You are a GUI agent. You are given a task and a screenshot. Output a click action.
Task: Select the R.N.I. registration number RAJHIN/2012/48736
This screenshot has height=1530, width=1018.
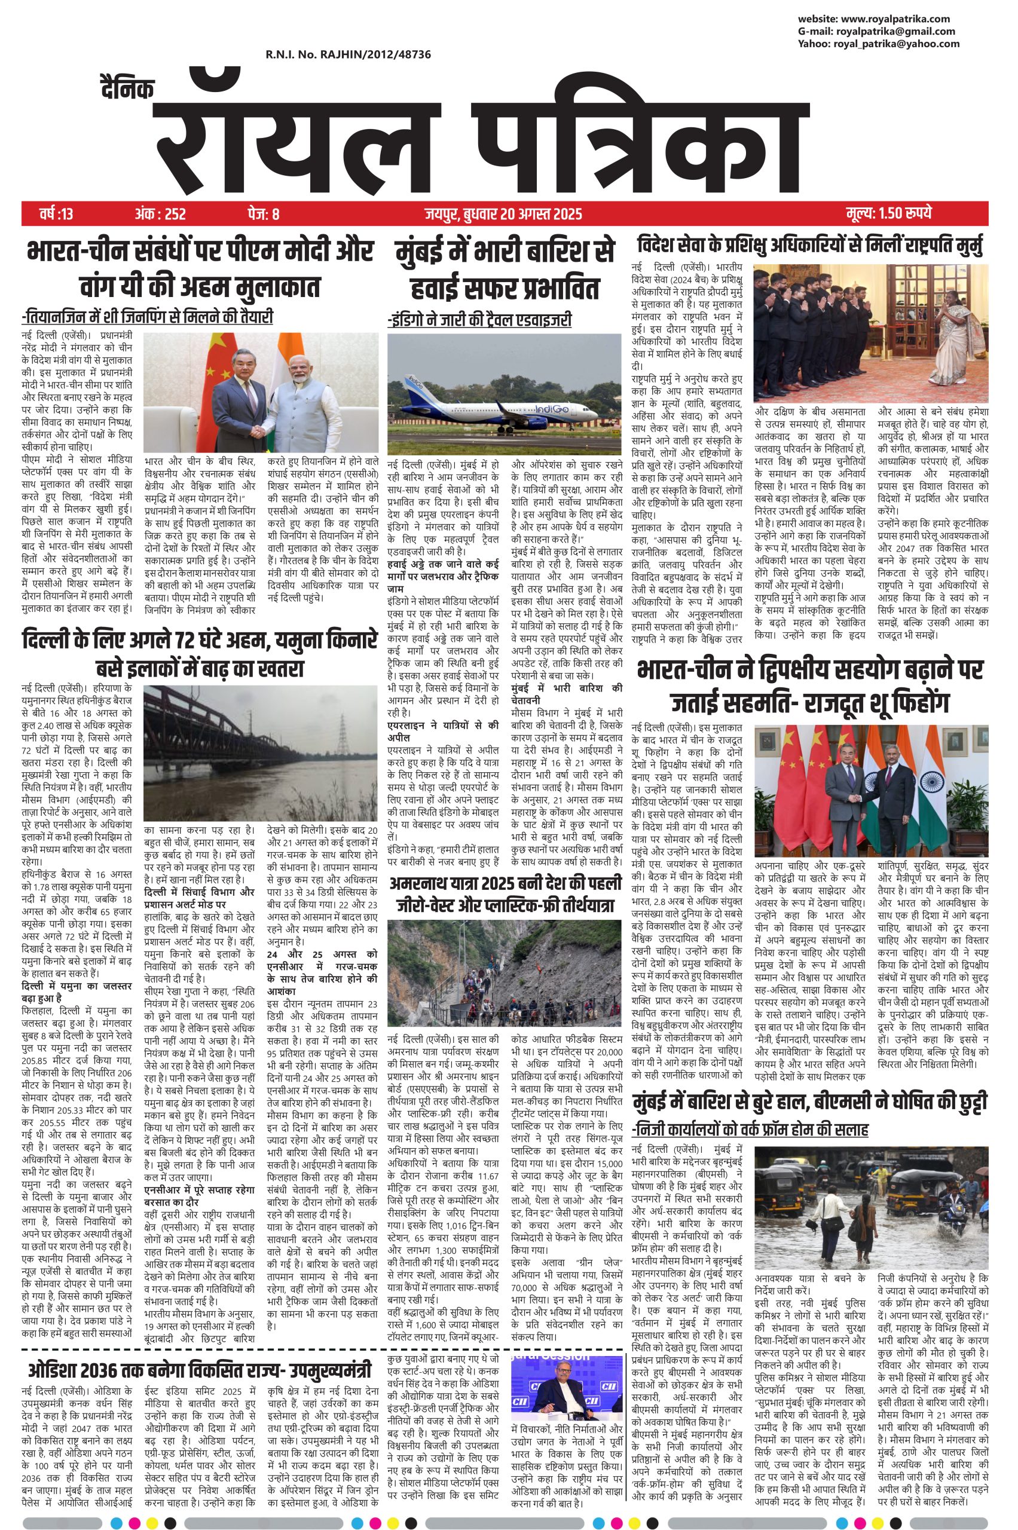click(x=347, y=55)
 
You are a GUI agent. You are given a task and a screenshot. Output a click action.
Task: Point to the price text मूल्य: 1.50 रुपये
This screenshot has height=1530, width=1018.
click(x=889, y=213)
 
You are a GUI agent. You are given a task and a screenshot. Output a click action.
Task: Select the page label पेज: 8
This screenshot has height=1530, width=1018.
click(x=263, y=213)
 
